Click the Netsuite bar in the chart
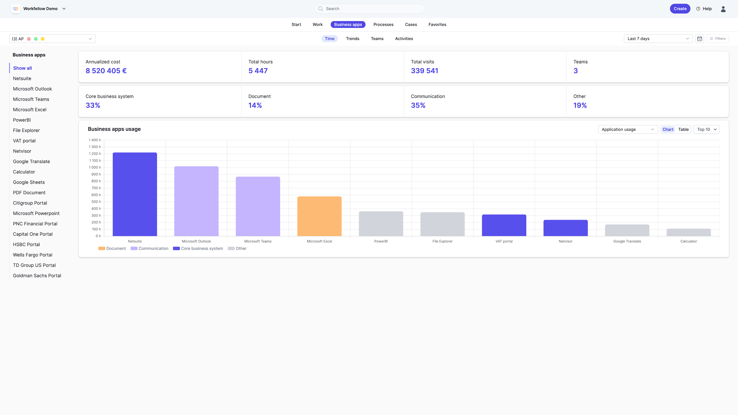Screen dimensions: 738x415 [135, 194]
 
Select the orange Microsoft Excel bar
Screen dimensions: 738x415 [319, 216]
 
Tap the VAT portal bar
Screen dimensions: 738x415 [504, 225]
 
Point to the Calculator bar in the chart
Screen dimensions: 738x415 [689, 232]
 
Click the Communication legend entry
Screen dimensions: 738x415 [149, 248]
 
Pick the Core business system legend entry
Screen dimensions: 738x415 [198, 248]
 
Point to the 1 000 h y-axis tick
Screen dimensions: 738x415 [95, 167]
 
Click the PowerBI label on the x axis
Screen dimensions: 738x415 [381, 241]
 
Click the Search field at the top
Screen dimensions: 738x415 [369, 9]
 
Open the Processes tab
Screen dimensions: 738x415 [383, 24]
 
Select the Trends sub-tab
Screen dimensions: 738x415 [353, 39]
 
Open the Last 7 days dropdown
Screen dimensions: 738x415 [658, 39]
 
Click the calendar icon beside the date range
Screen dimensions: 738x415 [700, 39]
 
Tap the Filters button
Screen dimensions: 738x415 [718, 39]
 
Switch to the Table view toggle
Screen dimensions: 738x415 [683, 129]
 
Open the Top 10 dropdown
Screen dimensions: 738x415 [707, 129]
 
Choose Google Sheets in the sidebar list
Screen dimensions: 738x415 [29, 182]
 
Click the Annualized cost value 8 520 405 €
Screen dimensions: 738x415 [106, 71]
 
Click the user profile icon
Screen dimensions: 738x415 [723, 9]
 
